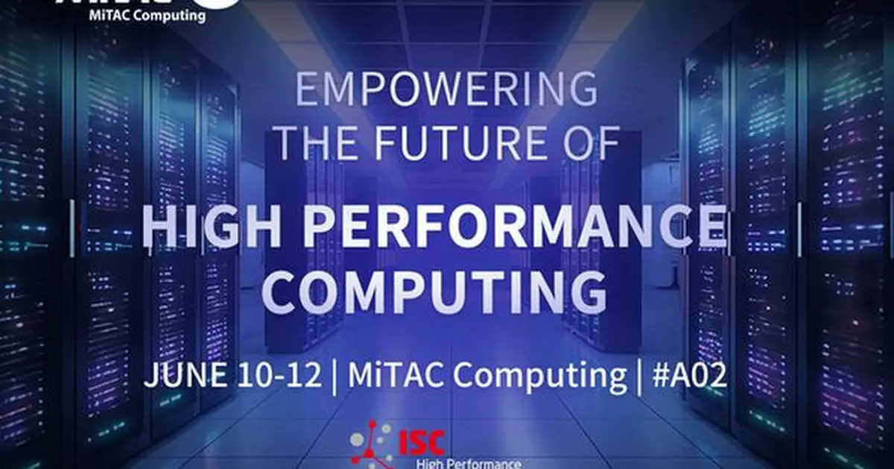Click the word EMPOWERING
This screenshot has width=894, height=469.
[x=446, y=89]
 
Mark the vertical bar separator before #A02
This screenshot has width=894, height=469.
[x=640, y=377]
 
